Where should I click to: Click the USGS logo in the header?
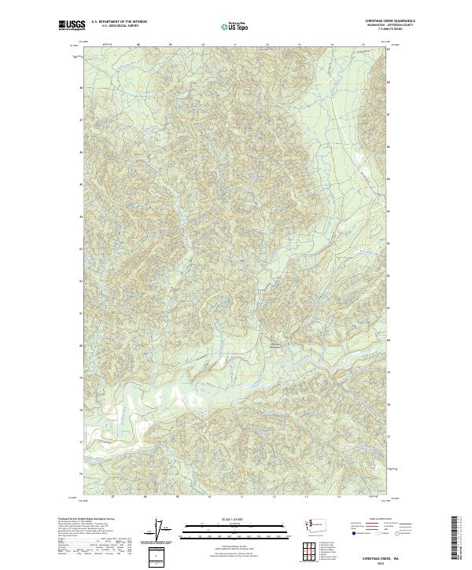(71, 26)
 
